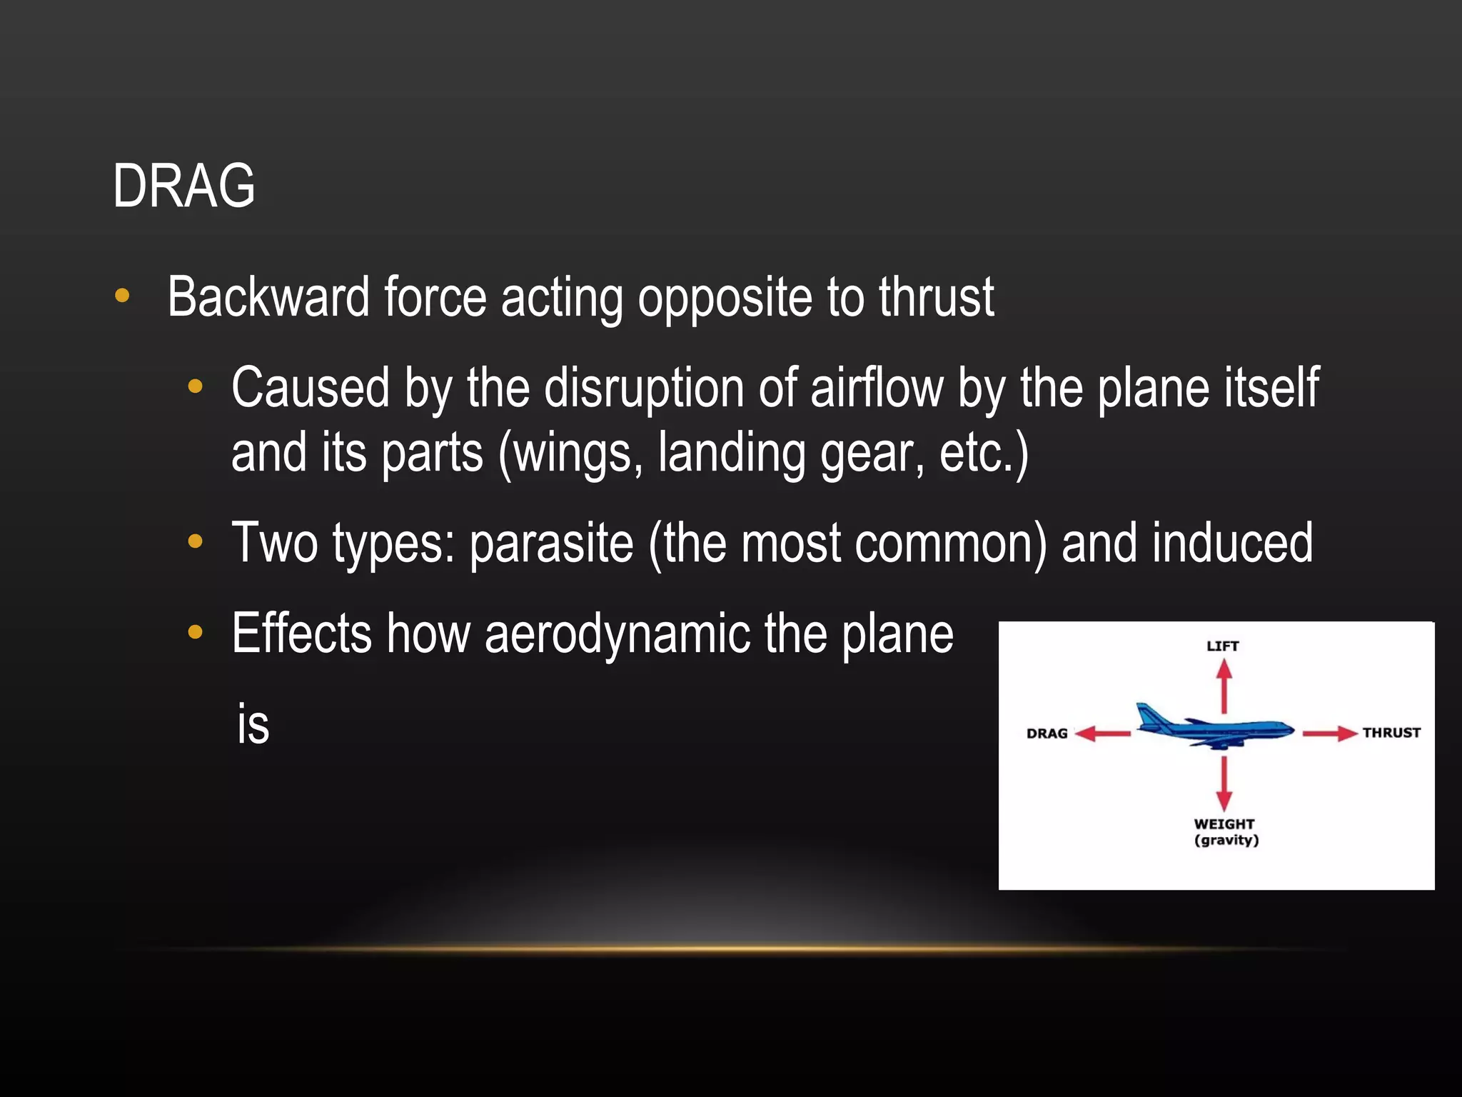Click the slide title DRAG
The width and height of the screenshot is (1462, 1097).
click(183, 186)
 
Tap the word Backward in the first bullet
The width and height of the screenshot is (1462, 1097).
click(268, 297)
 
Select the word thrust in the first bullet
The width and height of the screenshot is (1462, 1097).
click(936, 297)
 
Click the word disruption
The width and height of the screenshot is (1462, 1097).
click(643, 389)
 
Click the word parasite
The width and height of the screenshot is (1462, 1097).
click(551, 544)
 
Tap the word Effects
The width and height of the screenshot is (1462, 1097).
click(301, 633)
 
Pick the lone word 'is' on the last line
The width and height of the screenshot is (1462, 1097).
click(253, 725)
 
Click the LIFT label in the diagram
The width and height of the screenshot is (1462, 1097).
click(1222, 646)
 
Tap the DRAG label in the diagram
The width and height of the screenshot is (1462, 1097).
click(1047, 733)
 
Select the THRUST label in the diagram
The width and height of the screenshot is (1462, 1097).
click(1391, 733)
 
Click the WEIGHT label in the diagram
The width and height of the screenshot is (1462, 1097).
click(1224, 823)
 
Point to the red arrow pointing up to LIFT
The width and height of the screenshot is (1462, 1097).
click(1224, 685)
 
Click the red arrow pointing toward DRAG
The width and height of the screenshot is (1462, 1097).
click(1102, 733)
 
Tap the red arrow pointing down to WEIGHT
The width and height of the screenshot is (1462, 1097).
click(1224, 783)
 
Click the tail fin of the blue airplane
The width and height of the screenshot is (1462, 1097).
click(1148, 715)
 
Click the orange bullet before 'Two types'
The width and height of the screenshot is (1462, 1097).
click(195, 542)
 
